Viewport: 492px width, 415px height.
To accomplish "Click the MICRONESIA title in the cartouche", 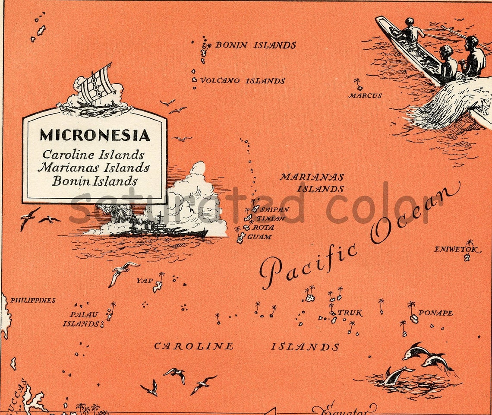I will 95,135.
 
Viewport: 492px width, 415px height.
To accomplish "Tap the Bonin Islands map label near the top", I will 255,45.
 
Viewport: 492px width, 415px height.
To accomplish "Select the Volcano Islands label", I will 243,81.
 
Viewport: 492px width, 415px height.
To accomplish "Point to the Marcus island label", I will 365,95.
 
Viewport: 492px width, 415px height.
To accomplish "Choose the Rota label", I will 263,227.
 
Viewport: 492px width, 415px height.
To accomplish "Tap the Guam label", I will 259,237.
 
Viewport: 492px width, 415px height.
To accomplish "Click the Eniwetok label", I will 457,249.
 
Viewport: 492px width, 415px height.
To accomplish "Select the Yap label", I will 144,281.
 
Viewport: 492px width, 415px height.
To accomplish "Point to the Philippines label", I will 33,300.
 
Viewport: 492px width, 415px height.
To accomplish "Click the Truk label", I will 350,313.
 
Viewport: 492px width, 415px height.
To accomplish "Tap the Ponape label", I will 435,313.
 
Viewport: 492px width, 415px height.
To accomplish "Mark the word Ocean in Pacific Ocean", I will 414,212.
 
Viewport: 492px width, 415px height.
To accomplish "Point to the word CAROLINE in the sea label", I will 194,346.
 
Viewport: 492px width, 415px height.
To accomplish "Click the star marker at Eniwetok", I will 467,257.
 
